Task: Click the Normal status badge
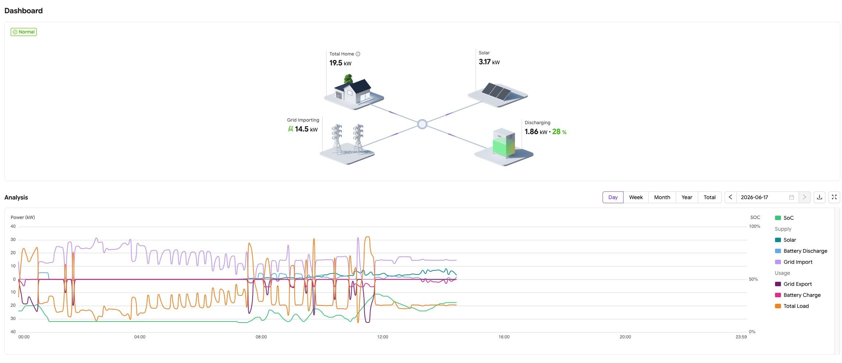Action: pyautogui.click(x=24, y=32)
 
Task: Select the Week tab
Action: pyautogui.click(x=636, y=197)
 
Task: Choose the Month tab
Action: pyautogui.click(x=662, y=197)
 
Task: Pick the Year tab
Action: pyautogui.click(x=687, y=197)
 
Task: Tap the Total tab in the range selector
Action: pyautogui.click(x=710, y=197)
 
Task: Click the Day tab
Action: pyautogui.click(x=613, y=197)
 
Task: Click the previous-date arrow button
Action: pyautogui.click(x=731, y=197)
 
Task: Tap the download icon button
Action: pyautogui.click(x=820, y=197)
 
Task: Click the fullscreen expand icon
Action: pyautogui.click(x=834, y=197)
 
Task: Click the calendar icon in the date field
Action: pyautogui.click(x=792, y=197)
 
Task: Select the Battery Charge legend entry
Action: pyautogui.click(x=798, y=295)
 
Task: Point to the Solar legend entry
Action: pyautogui.click(x=786, y=240)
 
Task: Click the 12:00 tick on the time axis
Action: pyautogui.click(x=383, y=337)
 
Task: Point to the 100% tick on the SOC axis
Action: pyautogui.click(x=755, y=226)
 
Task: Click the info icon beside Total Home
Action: pyautogui.click(x=358, y=54)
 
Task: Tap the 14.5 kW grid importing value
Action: pyautogui.click(x=306, y=129)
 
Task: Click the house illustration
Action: pyautogui.click(x=354, y=92)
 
